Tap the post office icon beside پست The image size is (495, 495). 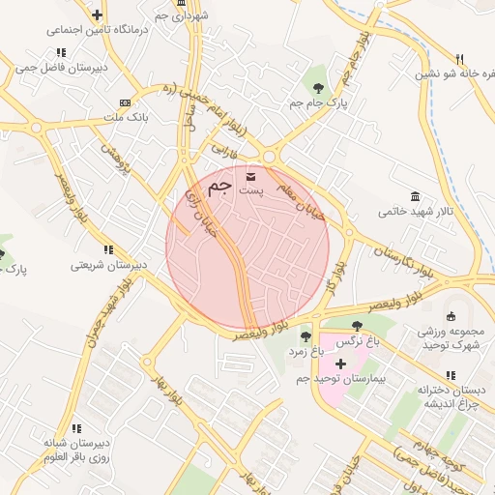pos(252,176)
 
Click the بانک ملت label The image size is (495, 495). pos(124,119)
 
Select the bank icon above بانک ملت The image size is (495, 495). pos(124,103)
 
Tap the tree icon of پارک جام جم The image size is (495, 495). pos(316,86)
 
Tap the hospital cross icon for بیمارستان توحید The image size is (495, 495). pos(339,363)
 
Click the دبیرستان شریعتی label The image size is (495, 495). pos(108,265)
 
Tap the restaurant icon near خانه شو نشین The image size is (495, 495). pos(459,58)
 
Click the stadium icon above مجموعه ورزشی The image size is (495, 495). pos(450,315)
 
